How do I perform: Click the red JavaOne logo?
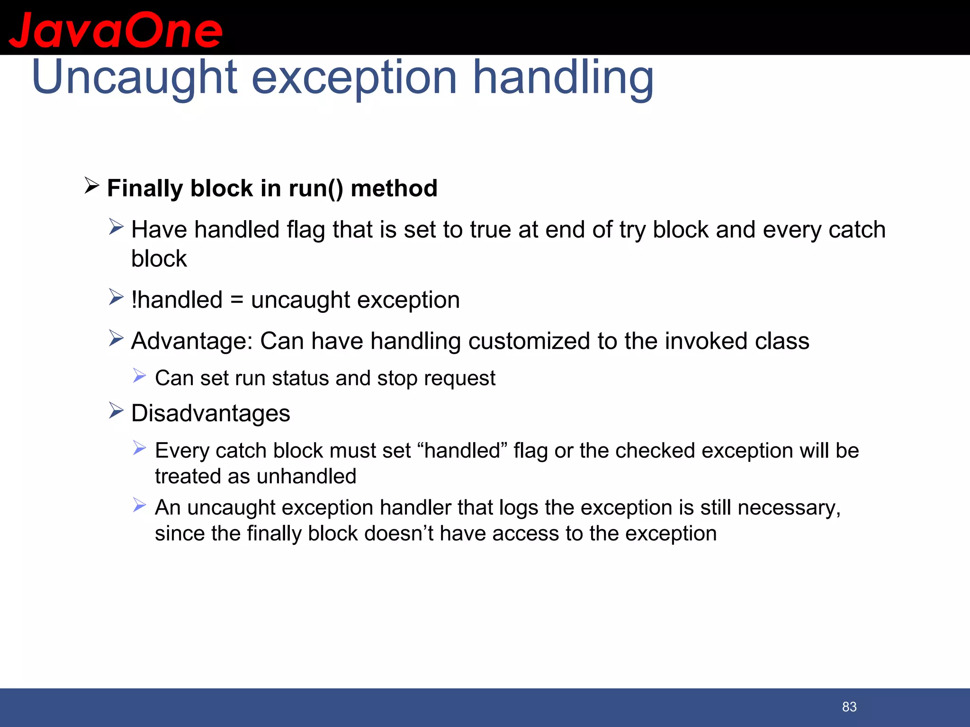tap(116, 30)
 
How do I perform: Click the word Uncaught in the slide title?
tap(134, 77)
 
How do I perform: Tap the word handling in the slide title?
tap(563, 77)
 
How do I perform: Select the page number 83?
tap(849, 707)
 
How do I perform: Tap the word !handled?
tap(177, 300)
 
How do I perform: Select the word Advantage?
tap(192, 341)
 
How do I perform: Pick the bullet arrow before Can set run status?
tap(139, 376)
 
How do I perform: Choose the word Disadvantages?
tap(210, 413)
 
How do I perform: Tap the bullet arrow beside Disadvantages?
tap(116, 410)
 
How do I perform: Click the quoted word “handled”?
tap(463, 451)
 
